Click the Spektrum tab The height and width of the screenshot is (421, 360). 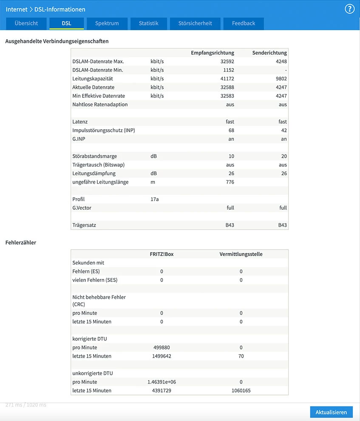[x=107, y=23]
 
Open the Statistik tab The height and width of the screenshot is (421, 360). [x=148, y=23]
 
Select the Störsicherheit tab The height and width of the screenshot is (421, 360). [x=195, y=23]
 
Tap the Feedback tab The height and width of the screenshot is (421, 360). [x=244, y=23]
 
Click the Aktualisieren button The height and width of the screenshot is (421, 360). [x=331, y=412]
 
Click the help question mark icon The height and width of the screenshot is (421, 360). [x=349, y=9]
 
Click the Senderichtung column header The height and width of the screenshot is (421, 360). [x=269, y=53]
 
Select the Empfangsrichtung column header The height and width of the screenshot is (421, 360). [x=213, y=53]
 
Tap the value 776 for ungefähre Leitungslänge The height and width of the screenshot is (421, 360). [x=230, y=182]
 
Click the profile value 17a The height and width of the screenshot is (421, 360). [x=155, y=199]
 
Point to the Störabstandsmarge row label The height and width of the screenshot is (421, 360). [x=95, y=156]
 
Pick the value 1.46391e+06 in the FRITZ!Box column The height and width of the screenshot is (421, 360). [x=162, y=382]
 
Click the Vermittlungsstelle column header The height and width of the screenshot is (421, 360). [x=241, y=254]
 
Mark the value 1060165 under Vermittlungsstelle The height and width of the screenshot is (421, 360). [x=241, y=390]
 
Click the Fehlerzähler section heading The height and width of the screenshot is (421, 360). [x=21, y=242]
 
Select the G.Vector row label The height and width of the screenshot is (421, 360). [x=82, y=208]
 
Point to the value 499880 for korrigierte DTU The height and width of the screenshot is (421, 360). [x=162, y=347]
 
